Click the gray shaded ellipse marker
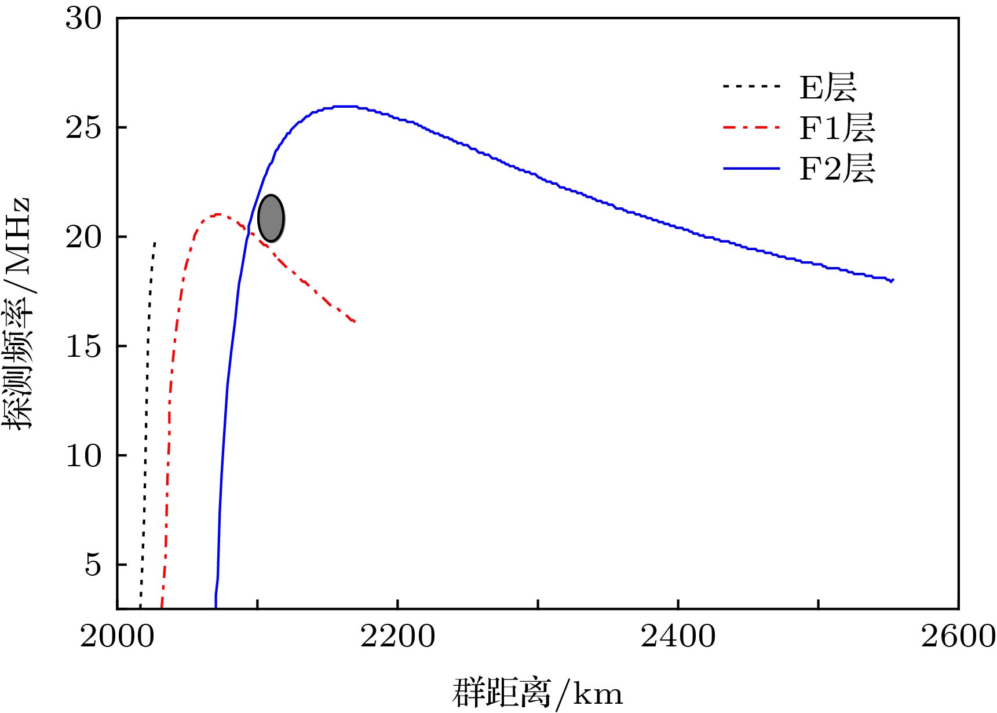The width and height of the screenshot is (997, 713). (x=271, y=218)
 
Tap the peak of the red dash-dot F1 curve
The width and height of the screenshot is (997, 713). (x=218, y=214)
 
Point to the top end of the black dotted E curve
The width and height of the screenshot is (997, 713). (x=155, y=243)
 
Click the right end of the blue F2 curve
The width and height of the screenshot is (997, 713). (x=892, y=280)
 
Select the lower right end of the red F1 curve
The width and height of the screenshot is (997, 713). (x=353, y=321)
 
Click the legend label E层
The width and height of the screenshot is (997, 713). (x=827, y=87)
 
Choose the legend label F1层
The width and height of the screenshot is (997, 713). (x=837, y=128)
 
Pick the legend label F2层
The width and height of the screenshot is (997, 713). (x=837, y=169)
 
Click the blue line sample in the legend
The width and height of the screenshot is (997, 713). (x=751, y=169)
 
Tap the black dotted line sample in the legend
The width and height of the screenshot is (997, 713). (x=751, y=87)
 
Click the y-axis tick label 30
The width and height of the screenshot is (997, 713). (x=83, y=19)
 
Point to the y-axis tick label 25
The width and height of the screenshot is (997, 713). (x=83, y=127)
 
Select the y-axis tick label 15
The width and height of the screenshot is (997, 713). (x=83, y=346)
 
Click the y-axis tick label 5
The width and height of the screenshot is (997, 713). (x=93, y=565)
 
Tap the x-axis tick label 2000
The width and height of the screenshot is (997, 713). (x=117, y=637)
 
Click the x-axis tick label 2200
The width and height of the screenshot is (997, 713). (x=397, y=637)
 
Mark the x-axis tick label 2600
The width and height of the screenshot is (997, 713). (x=957, y=637)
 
